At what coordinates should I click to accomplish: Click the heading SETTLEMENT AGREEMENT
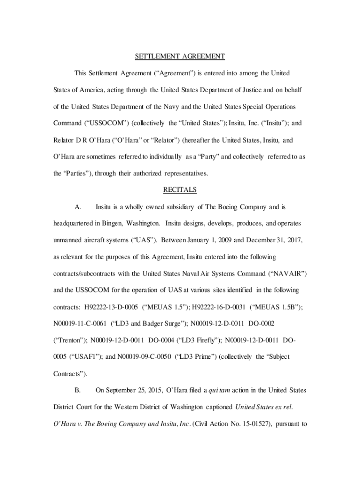click(x=180, y=57)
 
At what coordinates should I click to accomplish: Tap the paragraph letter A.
click(x=78, y=206)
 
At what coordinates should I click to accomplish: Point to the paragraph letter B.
click(x=78, y=390)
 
